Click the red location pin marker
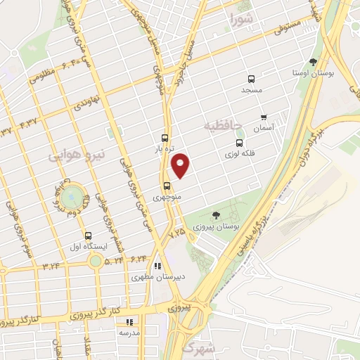click(181, 165)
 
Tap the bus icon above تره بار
click(165, 138)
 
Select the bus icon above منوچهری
click(167, 186)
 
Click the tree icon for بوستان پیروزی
click(215, 216)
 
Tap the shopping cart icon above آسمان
click(264, 117)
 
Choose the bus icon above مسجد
click(250, 79)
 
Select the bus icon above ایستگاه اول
click(88, 236)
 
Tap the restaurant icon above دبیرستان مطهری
click(157, 266)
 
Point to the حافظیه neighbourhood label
click(222, 125)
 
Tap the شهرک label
click(197, 347)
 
